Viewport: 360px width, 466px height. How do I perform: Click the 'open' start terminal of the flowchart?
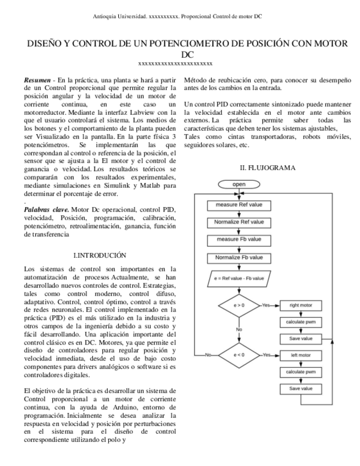(238, 184)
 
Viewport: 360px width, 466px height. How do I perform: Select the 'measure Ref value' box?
(238, 204)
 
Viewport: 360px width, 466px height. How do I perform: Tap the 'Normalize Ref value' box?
(238, 222)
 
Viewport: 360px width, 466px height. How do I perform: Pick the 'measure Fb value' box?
(238, 240)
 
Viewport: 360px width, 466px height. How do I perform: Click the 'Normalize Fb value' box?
(238, 257)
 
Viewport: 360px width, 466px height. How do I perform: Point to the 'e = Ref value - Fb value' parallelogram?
(239, 278)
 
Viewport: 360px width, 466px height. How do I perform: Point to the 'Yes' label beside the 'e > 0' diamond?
(267, 305)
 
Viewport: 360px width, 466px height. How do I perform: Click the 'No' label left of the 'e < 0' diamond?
(208, 355)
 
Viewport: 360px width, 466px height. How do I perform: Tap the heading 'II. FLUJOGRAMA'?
(267, 167)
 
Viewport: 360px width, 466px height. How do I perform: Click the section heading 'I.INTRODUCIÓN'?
(99, 255)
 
